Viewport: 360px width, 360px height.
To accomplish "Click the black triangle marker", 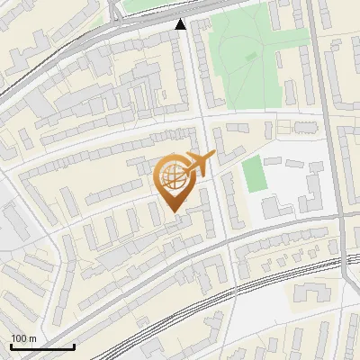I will point(182,25).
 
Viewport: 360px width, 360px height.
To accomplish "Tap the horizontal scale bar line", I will point(41,347).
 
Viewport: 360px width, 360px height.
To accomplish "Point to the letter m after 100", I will point(32,338).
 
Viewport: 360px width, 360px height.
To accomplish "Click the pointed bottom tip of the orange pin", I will point(174,211).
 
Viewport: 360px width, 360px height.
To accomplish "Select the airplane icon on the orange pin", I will point(200,164).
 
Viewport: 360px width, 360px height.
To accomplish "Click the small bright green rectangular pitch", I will point(255,173).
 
